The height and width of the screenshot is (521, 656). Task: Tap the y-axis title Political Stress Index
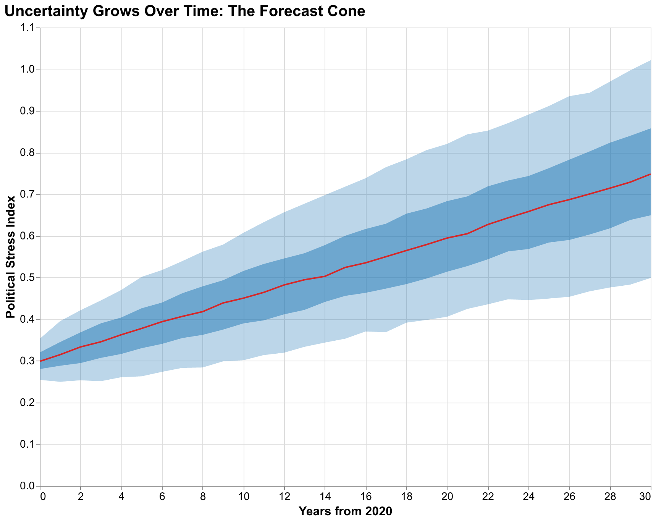[x=11, y=257]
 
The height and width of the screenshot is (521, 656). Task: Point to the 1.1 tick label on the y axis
[x=29, y=28]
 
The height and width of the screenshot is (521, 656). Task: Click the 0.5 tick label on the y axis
[x=29, y=278]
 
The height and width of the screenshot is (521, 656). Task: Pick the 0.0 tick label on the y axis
[x=29, y=486]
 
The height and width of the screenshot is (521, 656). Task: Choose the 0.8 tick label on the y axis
[x=29, y=153]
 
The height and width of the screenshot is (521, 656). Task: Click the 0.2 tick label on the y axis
[x=29, y=403]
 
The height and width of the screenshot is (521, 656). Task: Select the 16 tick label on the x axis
[x=366, y=495]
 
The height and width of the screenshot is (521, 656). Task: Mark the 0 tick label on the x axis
[x=43, y=495]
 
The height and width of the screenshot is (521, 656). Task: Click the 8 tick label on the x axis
[x=203, y=495]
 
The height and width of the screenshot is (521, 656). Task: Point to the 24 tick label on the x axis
[x=528, y=495]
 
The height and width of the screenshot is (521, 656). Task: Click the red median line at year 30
[x=650, y=175]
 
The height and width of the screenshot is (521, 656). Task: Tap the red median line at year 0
[x=41, y=361]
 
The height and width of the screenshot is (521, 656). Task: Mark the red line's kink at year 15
[x=346, y=267]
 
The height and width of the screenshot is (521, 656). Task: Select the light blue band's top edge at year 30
[x=650, y=61]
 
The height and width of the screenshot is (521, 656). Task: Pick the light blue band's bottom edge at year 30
[x=650, y=278]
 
